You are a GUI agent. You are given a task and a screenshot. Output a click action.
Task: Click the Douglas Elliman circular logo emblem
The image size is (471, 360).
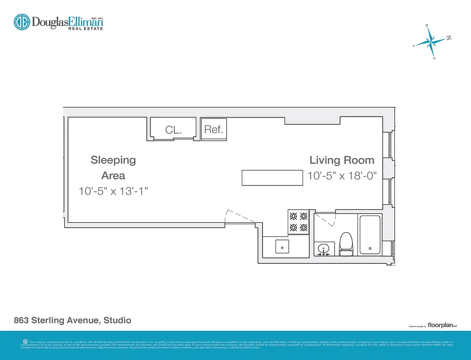(22, 22)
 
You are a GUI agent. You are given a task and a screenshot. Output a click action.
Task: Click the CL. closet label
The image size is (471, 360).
(173, 130)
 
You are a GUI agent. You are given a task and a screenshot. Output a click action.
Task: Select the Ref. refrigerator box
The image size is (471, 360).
(214, 130)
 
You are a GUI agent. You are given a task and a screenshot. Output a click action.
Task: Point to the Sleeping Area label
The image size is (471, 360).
(113, 167)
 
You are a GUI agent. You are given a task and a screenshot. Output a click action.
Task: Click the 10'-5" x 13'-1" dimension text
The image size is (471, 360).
(113, 191)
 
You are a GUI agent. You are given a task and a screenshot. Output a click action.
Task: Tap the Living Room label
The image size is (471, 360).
(342, 160)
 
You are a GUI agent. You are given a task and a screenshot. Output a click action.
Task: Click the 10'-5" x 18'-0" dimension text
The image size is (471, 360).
(342, 176)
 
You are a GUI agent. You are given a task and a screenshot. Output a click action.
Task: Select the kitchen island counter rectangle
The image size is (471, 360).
(272, 178)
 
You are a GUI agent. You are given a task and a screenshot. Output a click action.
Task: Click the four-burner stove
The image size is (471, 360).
(299, 222)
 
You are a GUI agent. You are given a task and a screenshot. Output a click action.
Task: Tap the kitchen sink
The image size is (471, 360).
(282, 247)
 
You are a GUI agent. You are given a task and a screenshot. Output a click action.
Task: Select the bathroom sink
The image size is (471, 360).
(324, 248)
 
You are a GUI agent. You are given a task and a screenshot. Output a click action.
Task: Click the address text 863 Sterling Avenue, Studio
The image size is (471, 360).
(72, 320)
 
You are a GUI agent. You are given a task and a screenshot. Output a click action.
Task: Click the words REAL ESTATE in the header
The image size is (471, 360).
(86, 28)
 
